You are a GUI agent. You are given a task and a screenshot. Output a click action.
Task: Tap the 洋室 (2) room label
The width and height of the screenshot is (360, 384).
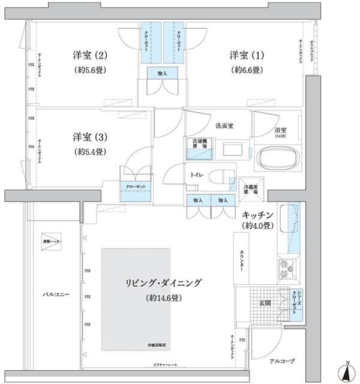(90, 56)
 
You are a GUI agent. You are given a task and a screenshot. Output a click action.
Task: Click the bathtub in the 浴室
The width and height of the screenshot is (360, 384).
(275, 160)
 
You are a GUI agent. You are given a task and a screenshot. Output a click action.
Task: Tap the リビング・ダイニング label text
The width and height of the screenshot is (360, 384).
(164, 282)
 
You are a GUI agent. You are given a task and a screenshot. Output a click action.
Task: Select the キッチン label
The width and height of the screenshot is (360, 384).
(259, 215)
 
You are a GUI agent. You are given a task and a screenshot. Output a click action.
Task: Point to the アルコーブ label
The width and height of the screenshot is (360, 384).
(280, 362)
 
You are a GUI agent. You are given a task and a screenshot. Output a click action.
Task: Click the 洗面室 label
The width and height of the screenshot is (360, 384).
(224, 126)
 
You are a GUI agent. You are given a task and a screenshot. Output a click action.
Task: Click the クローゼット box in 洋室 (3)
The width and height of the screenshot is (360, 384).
(136, 187)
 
